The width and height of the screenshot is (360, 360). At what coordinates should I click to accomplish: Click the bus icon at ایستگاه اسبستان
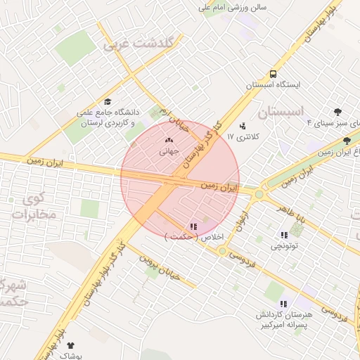click(x=273, y=73)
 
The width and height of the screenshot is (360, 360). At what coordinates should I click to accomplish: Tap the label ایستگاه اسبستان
click(x=273, y=84)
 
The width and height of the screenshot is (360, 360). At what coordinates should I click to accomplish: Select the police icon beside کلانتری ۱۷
click(x=243, y=127)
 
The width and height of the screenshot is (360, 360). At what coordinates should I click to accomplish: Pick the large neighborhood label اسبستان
click(x=288, y=112)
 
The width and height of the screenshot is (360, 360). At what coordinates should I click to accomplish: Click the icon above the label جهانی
click(x=169, y=140)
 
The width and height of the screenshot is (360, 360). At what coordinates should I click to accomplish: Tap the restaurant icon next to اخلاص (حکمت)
click(x=193, y=226)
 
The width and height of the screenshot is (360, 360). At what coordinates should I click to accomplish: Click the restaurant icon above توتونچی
click(x=284, y=236)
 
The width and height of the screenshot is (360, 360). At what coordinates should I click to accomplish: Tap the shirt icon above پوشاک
click(x=70, y=345)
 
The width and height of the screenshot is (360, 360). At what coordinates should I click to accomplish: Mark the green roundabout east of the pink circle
click(x=259, y=193)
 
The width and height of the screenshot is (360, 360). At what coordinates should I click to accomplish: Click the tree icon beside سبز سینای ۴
click(x=338, y=112)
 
